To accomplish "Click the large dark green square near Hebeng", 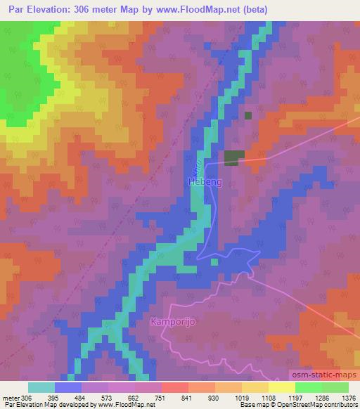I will tap(234, 158).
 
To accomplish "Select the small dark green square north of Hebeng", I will tap(247, 115).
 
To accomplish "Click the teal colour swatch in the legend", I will tap(41, 387).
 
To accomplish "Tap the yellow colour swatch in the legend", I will tap(281, 387).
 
